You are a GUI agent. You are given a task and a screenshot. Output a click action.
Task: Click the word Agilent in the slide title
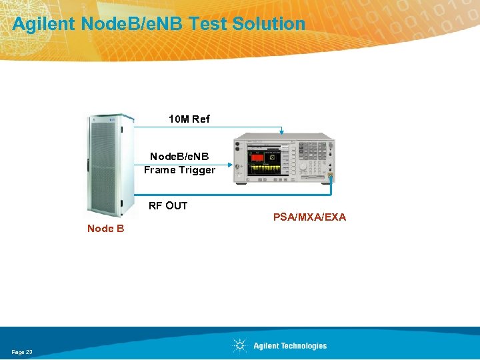(43, 24)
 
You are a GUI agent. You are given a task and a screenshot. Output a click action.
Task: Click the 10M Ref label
(189, 119)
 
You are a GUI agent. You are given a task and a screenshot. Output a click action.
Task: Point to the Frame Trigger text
(179, 170)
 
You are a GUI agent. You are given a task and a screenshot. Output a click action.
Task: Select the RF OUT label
(167, 205)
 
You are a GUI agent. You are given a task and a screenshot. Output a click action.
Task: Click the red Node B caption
(105, 229)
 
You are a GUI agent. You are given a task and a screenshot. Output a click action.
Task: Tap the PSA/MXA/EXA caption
(309, 217)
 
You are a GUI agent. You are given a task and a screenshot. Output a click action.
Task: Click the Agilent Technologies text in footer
(290, 345)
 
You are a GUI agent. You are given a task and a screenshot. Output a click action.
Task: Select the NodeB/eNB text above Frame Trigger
(179, 157)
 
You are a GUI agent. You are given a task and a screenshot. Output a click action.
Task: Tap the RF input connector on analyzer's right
(330, 177)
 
